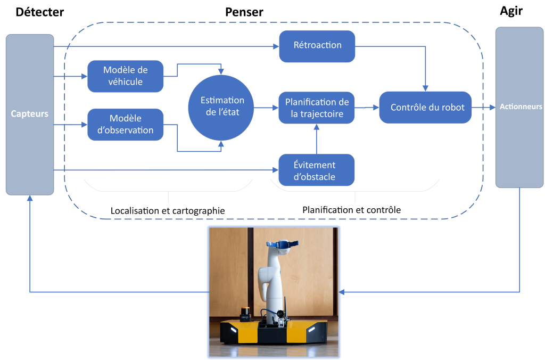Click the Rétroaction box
point(317,46)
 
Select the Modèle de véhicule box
point(125,76)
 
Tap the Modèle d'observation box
point(125,125)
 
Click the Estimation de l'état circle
point(222,107)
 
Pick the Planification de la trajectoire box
point(317,108)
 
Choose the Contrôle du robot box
point(425,108)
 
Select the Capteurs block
point(30,114)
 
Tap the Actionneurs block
point(520,107)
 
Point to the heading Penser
point(244,11)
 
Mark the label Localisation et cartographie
point(168,211)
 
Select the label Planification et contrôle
point(351,210)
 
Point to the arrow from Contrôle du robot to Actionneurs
point(483,108)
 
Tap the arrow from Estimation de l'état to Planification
point(266,108)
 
